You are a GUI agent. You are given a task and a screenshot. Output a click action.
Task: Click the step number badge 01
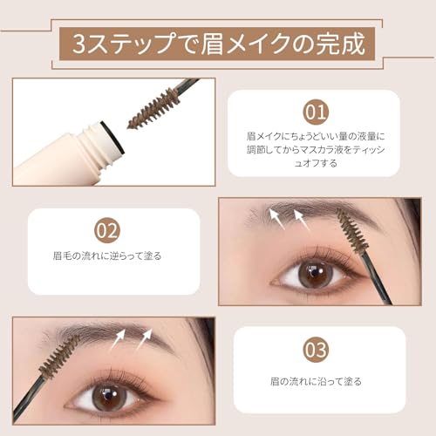tap(317, 112)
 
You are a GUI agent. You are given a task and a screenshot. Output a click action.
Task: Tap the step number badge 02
tap(106, 230)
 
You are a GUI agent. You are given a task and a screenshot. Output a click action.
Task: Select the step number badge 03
tap(316, 351)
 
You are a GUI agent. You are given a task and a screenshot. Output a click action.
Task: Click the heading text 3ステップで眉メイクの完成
tap(219, 41)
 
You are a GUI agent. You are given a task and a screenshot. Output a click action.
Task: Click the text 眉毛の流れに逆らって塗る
tap(107, 256)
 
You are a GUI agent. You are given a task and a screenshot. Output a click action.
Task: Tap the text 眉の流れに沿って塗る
tap(317, 381)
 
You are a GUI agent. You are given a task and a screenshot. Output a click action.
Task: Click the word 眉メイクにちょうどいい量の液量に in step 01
tap(317, 137)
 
